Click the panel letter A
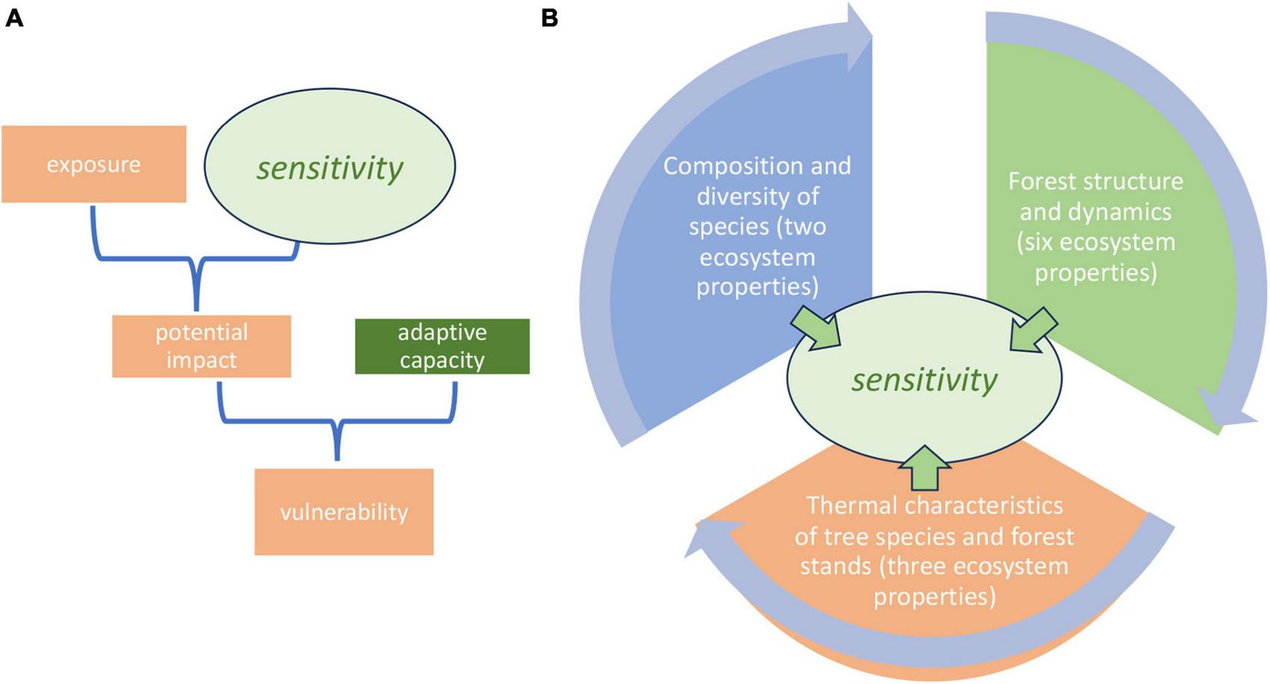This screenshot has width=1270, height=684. [x=13, y=18]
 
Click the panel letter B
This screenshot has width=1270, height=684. [x=549, y=18]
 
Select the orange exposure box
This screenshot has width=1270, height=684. [x=93, y=164]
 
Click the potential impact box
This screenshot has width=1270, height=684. [x=201, y=346]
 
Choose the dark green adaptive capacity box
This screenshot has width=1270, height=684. [x=442, y=346]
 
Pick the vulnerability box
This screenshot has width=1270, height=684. [x=344, y=512]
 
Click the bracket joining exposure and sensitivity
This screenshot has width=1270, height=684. [x=196, y=269]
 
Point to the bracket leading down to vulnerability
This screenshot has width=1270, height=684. [x=338, y=434]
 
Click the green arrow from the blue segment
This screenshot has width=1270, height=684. [x=816, y=330]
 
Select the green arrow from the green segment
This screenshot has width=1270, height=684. [x=1034, y=330]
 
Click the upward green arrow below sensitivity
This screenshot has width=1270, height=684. [x=925, y=468]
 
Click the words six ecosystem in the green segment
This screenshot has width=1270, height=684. [x=1096, y=243]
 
